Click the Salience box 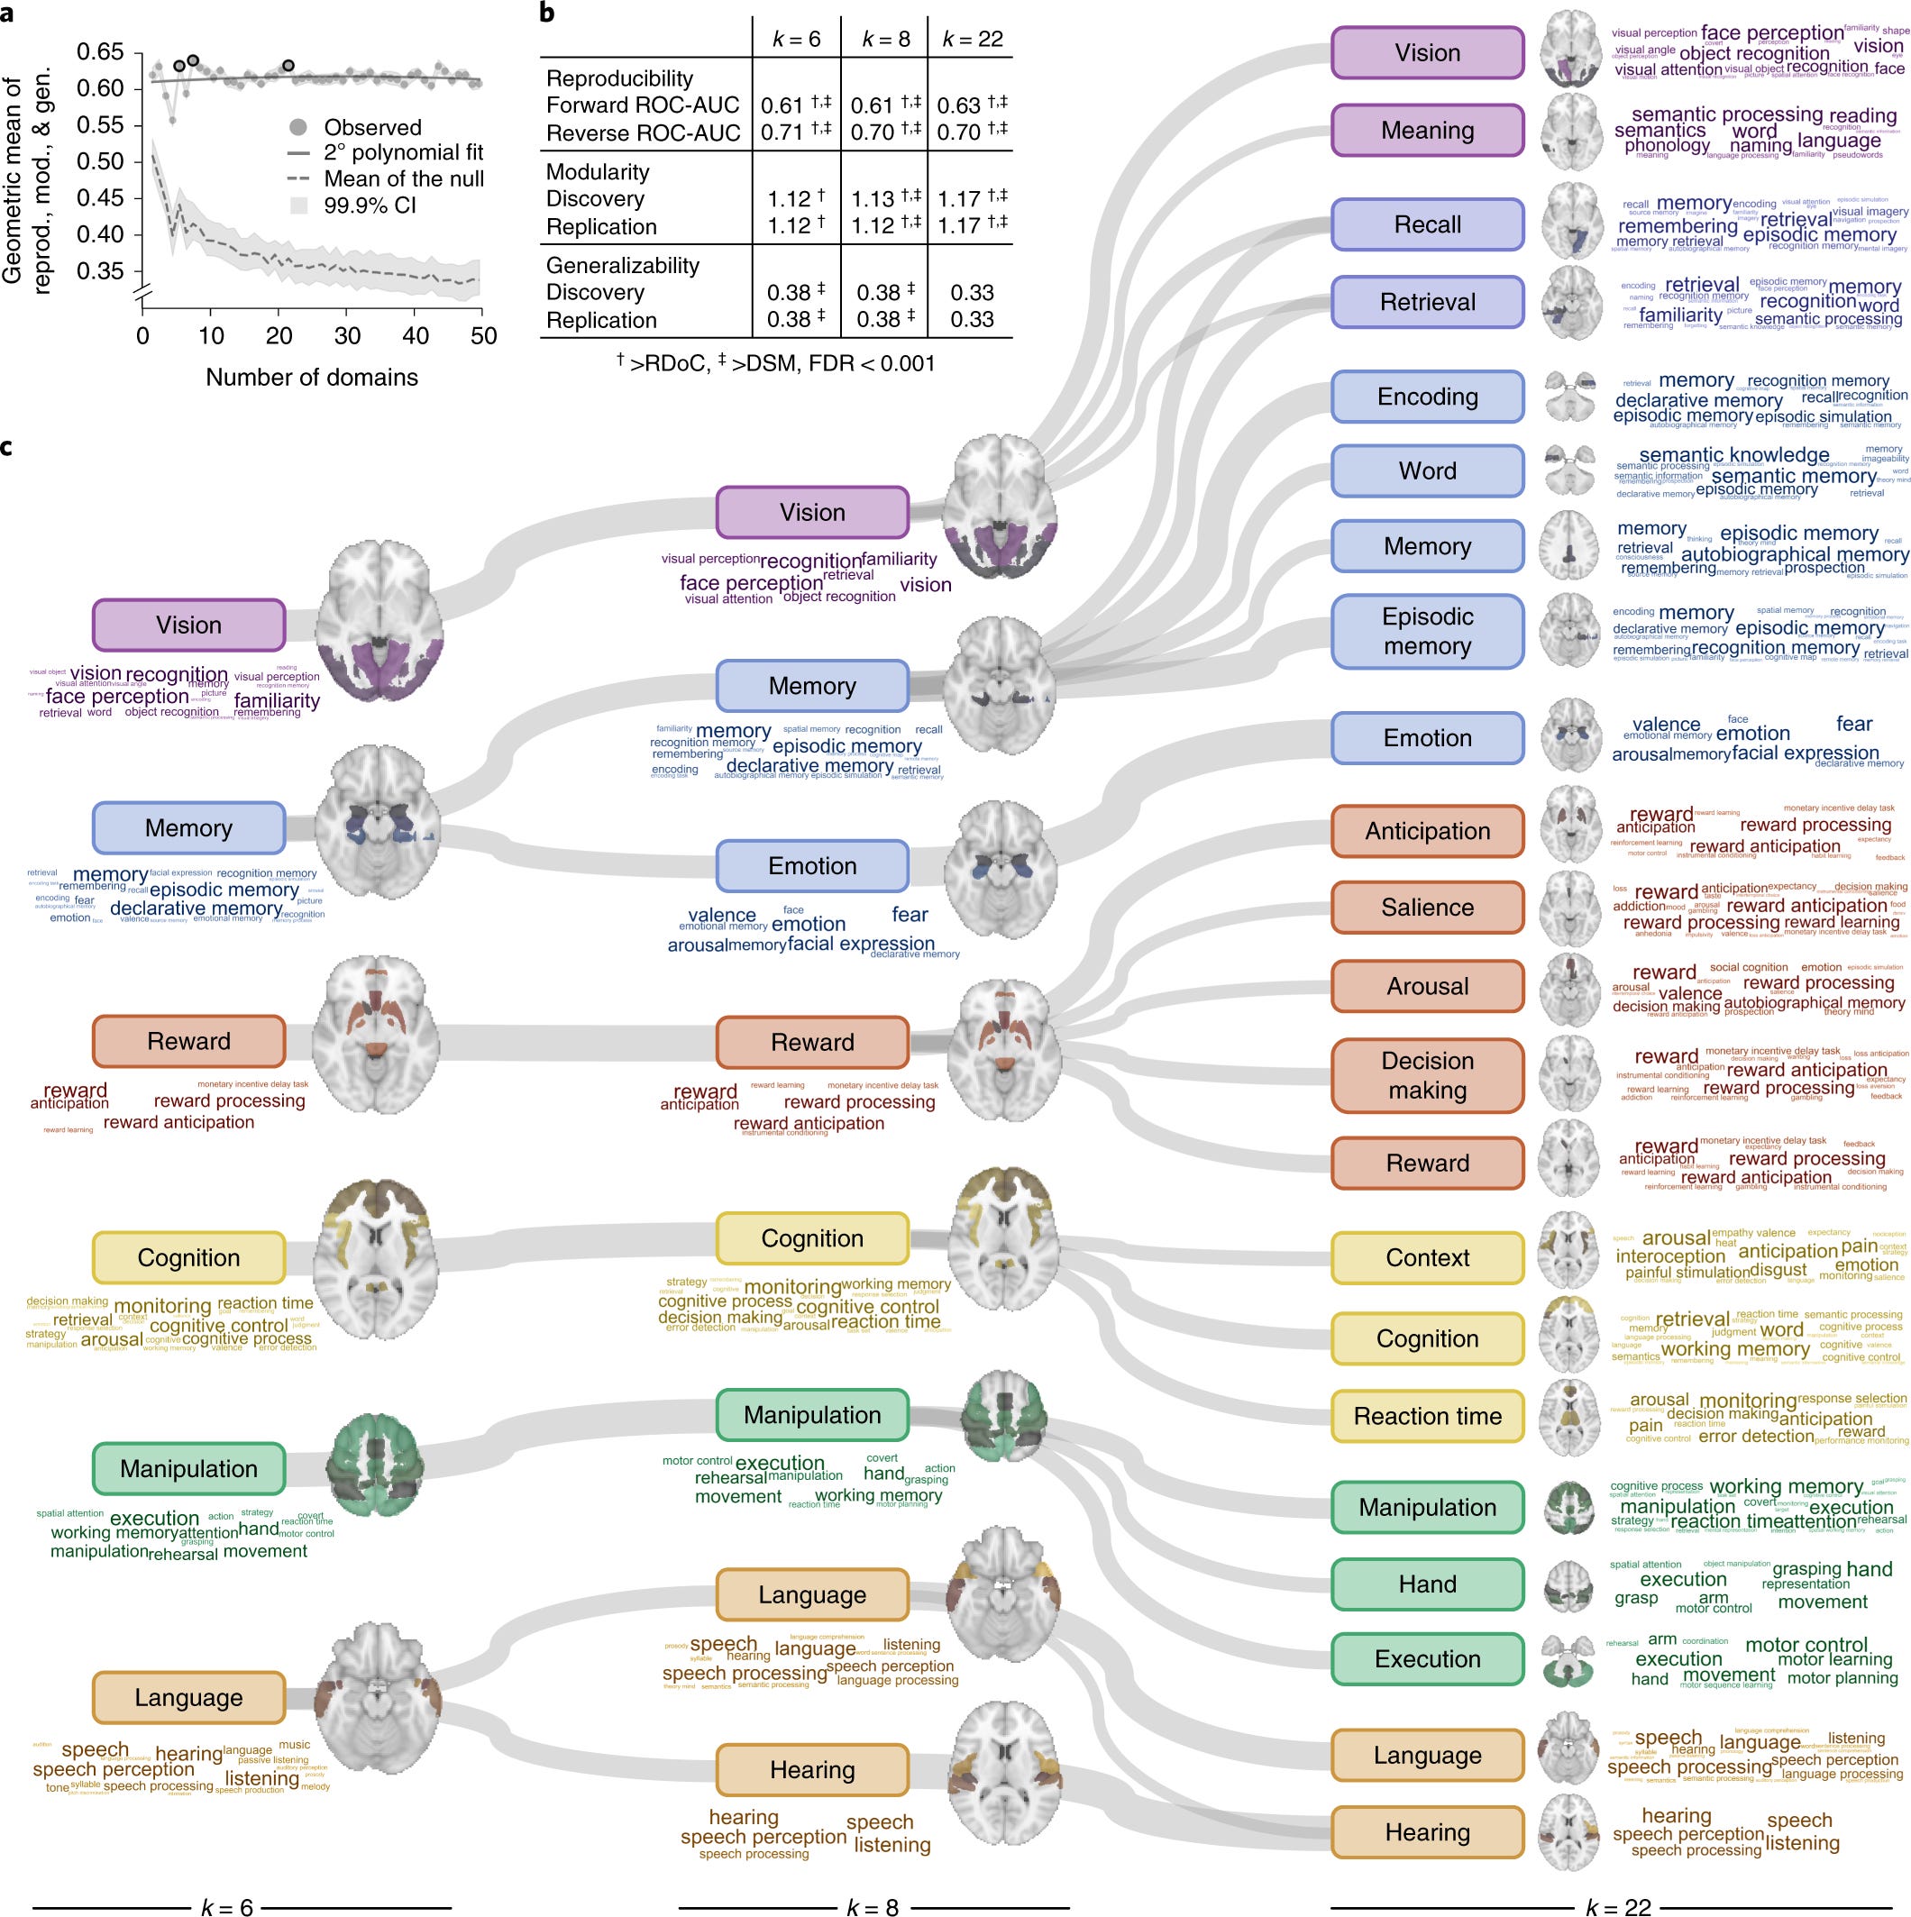pos(1427,908)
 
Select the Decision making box pos(1427,1075)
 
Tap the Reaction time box pos(1427,1416)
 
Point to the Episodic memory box pos(1427,631)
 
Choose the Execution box pos(1427,1659)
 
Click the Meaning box pos(1427,131)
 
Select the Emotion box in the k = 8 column pos(811,866)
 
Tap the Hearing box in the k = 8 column pos(811,1770)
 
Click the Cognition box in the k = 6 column pos(188,1258)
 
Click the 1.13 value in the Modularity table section pos(874,199)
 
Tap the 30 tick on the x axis pos(347,335)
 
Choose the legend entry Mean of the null pos(404,178)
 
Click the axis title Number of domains pos(312,377)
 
